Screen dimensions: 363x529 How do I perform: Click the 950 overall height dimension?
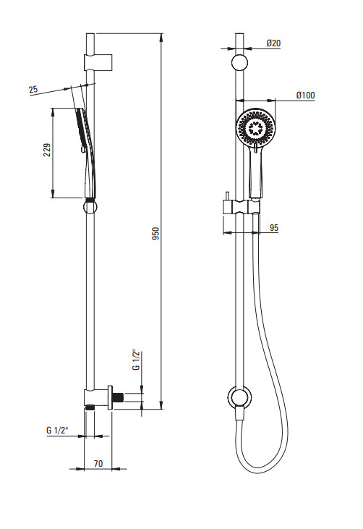(155, 234)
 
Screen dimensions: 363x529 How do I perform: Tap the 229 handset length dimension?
(47, 150)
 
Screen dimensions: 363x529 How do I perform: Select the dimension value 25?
(33, 90)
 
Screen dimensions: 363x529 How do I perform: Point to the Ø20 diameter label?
(273, 43)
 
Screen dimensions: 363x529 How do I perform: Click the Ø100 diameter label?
(306, 95)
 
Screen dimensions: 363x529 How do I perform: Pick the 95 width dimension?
(274, 228)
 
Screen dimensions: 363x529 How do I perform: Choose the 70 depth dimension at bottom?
(98, 464)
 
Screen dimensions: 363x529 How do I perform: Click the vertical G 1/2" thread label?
(136, 360)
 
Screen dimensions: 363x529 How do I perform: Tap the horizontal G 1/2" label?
(57, 430)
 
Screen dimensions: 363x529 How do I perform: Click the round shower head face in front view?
(256, 128)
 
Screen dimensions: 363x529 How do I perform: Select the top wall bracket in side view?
(98, 62)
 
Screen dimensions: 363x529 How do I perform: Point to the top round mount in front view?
(239, 62)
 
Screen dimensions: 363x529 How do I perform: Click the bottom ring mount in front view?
(239, 397)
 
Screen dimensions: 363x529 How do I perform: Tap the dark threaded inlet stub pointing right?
(119, 397)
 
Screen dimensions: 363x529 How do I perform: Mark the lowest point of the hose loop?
(260, 473)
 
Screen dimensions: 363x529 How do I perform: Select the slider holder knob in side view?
(90, 207)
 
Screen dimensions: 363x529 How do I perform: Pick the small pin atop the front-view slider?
(228, 196)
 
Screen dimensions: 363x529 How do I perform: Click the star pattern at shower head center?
(256, 128)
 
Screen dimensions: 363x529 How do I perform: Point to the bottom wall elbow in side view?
(98, 399)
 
